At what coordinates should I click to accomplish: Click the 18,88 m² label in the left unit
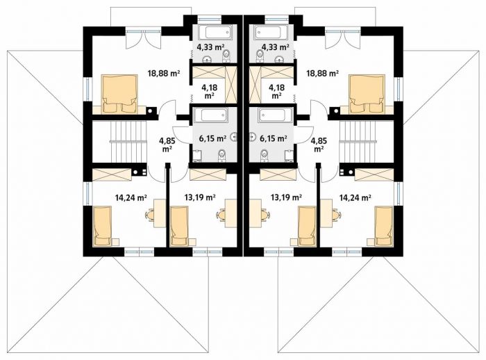click(x=164, y=74)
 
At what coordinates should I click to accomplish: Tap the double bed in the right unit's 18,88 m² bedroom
click(x=367, y=93)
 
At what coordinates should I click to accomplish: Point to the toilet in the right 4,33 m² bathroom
click(x=260, y=55)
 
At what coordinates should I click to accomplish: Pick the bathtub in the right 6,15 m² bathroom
click(x=273, y=115)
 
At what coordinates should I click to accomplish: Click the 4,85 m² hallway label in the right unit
click(x=319, y=145)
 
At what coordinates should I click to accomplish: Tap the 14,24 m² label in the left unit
click(x=131, y=197)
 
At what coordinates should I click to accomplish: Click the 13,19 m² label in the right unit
click(x=286, y=197)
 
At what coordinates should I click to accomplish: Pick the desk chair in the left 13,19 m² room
click(x=221, y=215)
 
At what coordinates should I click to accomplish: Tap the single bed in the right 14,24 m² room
click(x=384, y=226)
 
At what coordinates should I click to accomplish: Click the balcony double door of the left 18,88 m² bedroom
click(x=144, y=39)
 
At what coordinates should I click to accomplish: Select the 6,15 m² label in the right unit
click(x=273, y=138)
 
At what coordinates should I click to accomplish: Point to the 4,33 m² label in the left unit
click(x=211, y=47)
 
